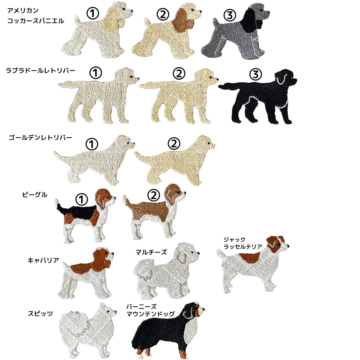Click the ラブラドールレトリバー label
coord(40,71)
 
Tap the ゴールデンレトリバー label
coord(40,138)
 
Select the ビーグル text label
coord(35,195)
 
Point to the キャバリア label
coord(43,260)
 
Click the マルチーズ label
coord(151,252)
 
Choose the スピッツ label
coord(40,313)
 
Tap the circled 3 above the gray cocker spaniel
coord(230,15)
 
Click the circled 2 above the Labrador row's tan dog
coord(179,73)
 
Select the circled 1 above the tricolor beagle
coord(82,199)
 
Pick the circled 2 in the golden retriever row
coord(174,143)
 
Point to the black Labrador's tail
coord(228,86)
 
